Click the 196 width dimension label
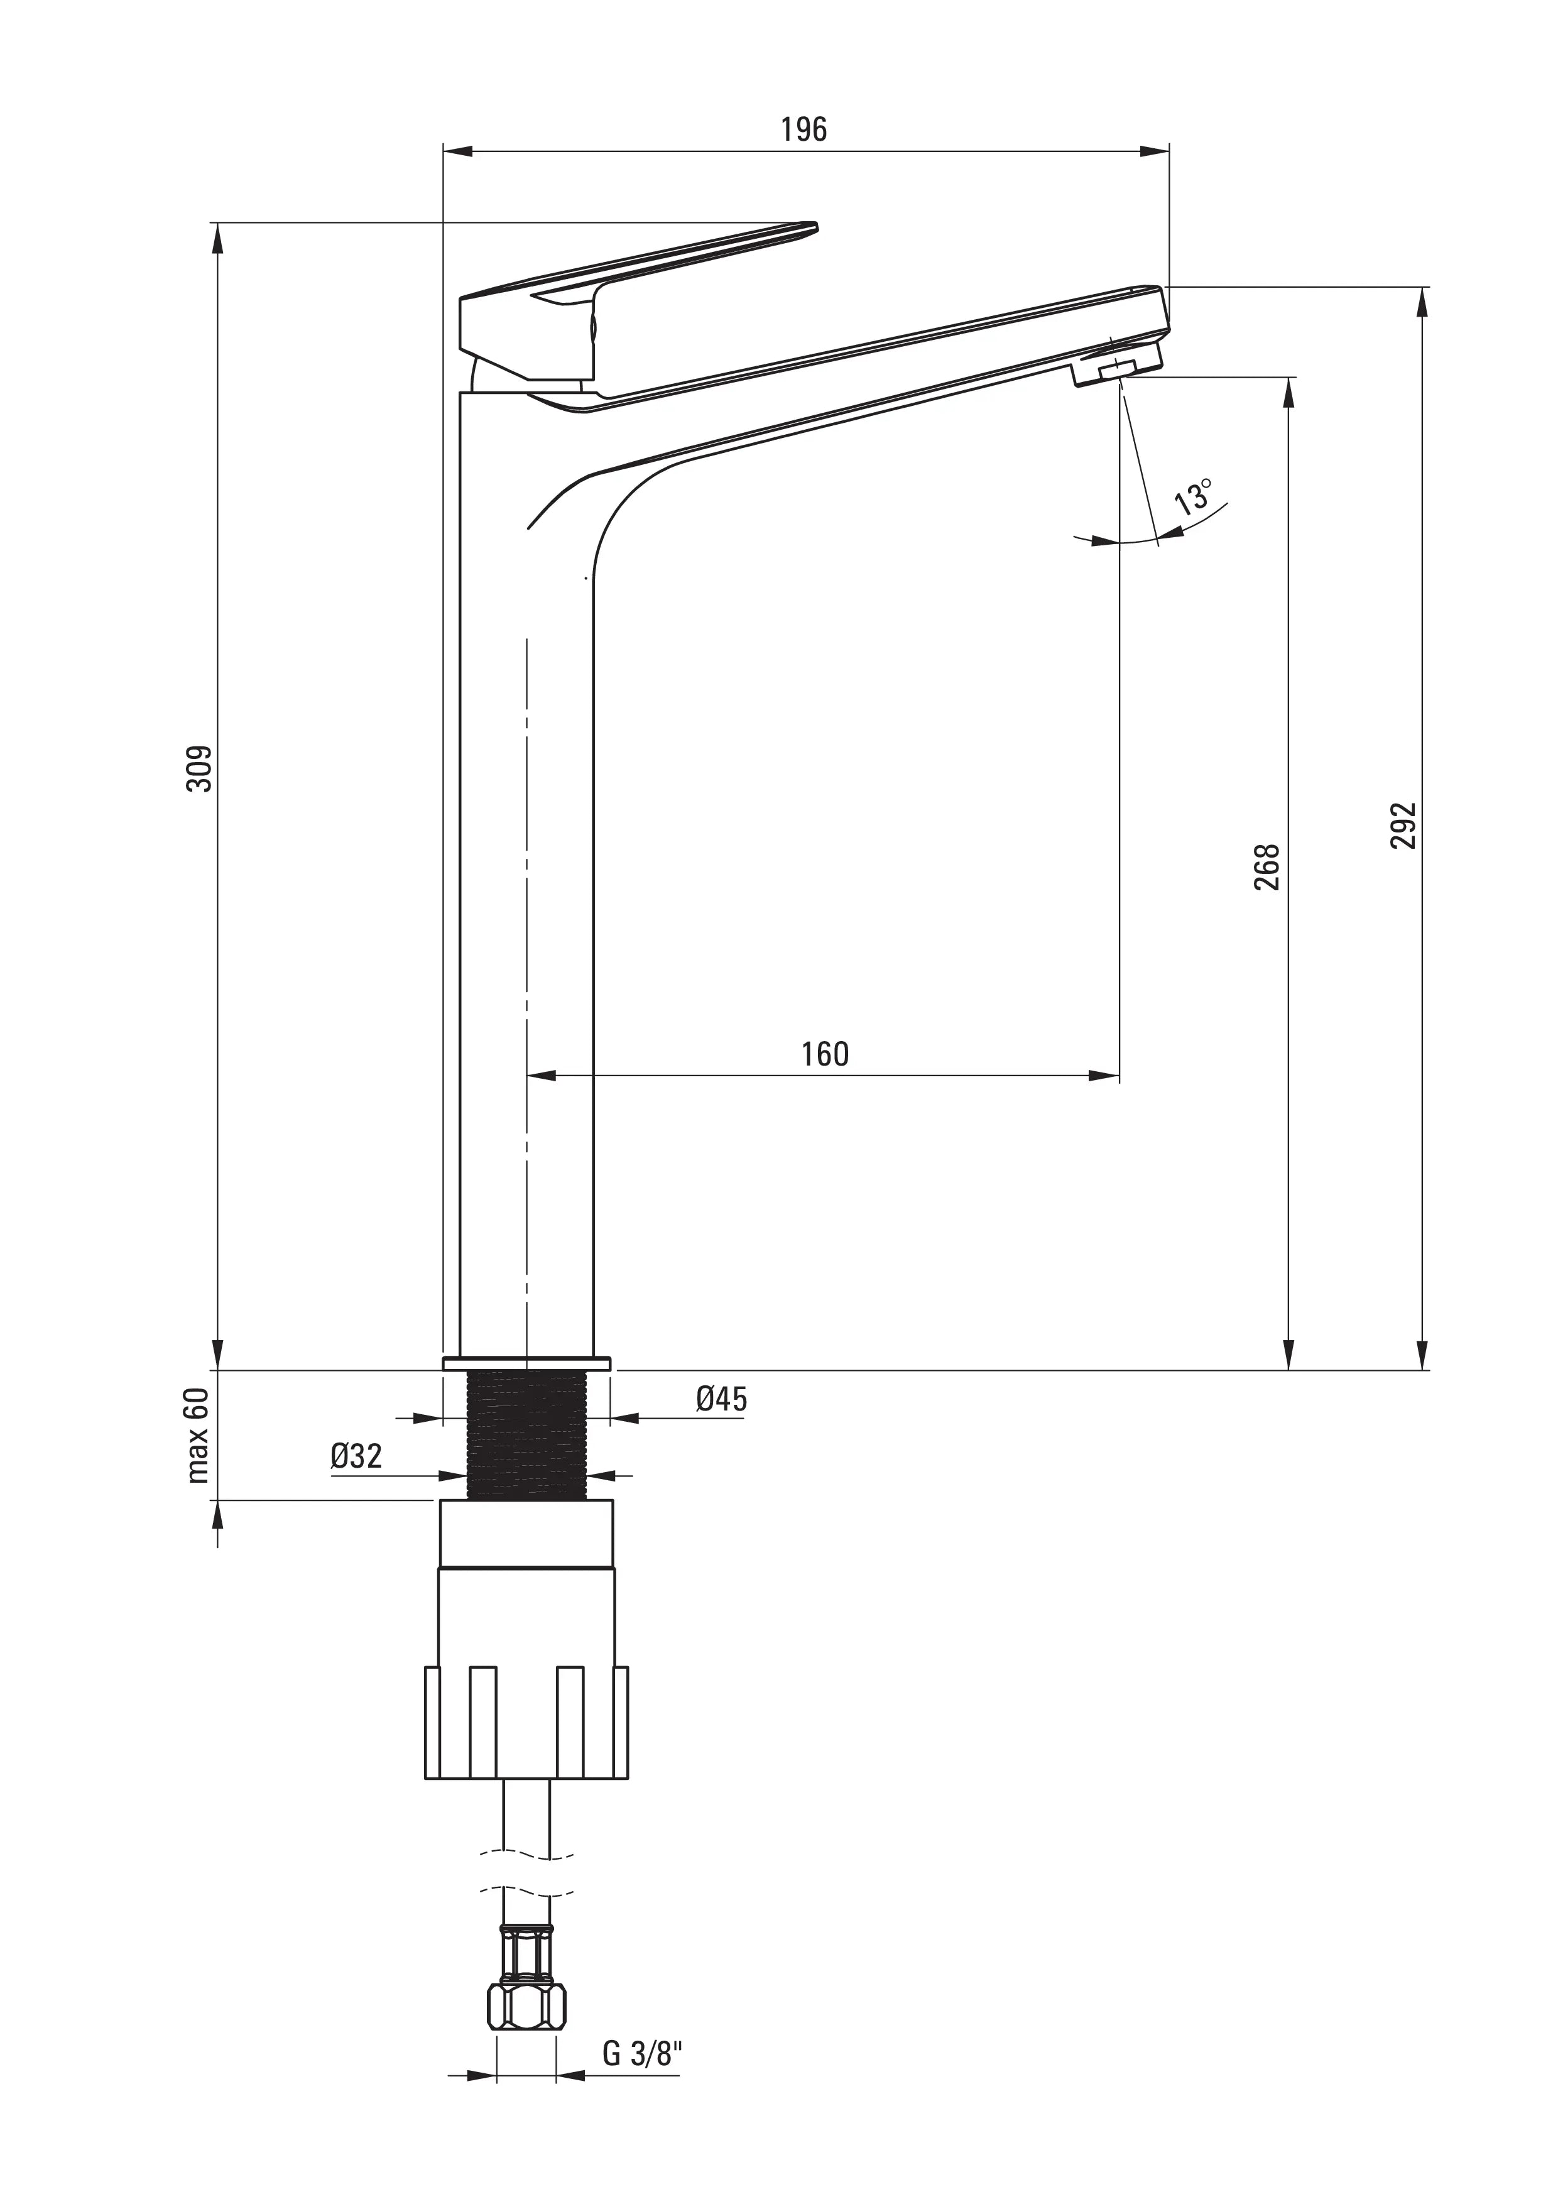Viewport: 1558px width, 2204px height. pos(804,129)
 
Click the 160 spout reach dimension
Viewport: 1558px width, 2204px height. pos(825,1054)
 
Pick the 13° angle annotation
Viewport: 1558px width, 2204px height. pos(1193,497)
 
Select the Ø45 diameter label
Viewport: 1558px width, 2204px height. pos(721,1399)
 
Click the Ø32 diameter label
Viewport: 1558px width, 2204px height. pos(356,1456)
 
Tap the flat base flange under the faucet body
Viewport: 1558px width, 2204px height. pos(526,1363)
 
